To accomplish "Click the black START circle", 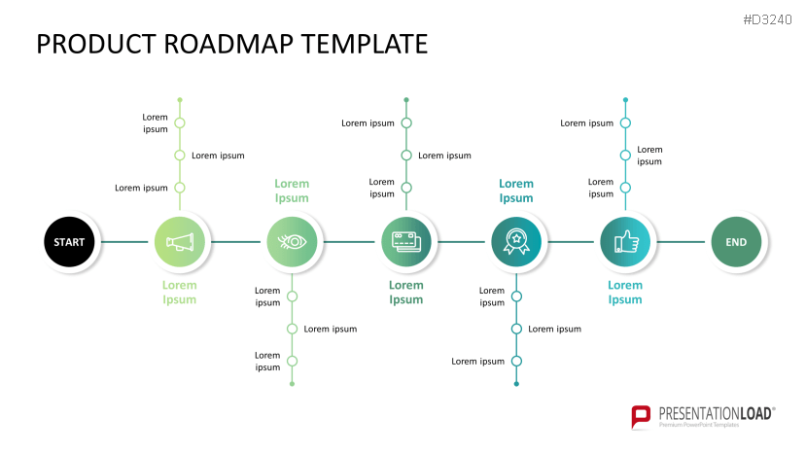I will [69, 242].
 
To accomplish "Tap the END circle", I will [737, 242].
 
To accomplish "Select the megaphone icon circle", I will [180, 242].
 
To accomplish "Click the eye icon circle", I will [292, 242].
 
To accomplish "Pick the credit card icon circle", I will [406, 242].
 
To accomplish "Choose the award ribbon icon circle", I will [516, 242].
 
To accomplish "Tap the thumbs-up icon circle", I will [625, 242].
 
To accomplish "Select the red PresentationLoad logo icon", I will [641, 416].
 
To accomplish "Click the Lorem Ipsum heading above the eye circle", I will [292, 191].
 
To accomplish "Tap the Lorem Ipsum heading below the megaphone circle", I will [180, 293].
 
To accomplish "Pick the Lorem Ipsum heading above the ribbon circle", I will [516, 191].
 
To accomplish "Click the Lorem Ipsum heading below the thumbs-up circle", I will [625, 293].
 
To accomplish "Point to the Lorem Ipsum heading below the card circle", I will [406, 293].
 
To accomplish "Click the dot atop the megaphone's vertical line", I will [180, 99].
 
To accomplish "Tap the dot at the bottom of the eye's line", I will [292, 384].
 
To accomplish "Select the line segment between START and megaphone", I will [124, 242].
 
